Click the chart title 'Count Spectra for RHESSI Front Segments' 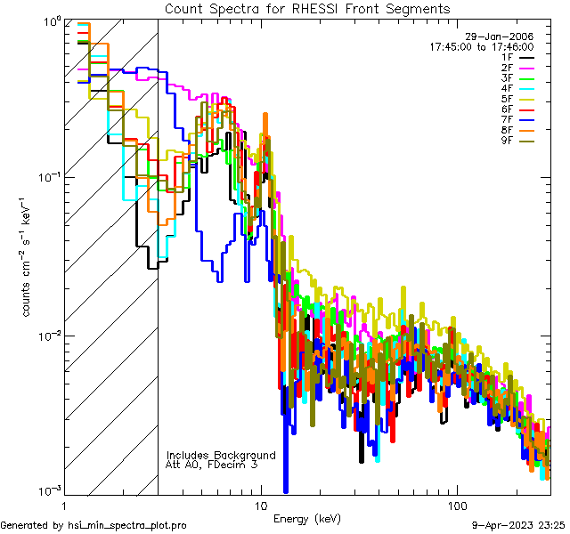coord(307,9)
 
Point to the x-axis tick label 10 coord(260,505)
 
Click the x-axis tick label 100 coord(456,505)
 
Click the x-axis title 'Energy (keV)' coord(306,519)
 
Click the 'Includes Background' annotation coord(221,455)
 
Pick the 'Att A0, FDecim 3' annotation coord(212,465)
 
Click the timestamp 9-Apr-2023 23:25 coord(518,526)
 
